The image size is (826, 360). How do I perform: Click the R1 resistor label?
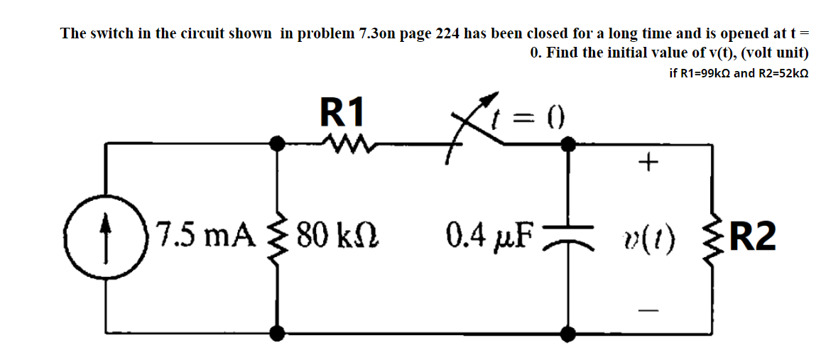point(342,111)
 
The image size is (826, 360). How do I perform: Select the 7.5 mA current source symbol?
point(106,237)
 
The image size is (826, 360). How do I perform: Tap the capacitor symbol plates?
point(567,237)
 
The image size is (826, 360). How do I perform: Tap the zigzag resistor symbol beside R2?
point(711,237)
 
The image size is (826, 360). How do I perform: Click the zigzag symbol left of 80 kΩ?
point(279,237)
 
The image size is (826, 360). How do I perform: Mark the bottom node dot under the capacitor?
point(567,332)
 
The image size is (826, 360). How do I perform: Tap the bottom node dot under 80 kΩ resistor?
point(279,332)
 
